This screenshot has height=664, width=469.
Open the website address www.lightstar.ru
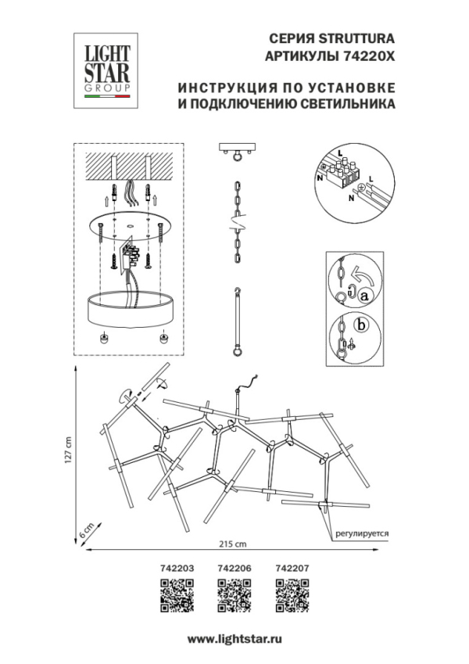click(x=234, y=640)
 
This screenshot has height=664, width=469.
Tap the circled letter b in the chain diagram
click(x=361, y=325)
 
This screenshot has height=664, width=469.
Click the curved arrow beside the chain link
click(x=360, y=275)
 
